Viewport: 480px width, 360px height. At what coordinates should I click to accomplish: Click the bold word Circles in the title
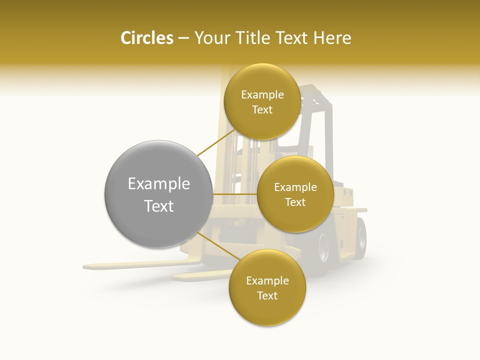coord(146,38)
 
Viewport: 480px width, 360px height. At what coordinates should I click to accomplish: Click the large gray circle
coord(158,194)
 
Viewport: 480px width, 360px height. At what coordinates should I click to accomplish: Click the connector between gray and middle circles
coord(234,194)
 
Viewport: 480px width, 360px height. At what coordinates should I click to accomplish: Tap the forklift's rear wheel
coord(323,248)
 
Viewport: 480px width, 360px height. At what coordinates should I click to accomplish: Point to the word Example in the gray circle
coord(158,184)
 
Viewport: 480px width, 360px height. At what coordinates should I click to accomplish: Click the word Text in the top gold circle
coord(262,110)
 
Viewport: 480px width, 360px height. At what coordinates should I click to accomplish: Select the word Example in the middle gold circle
coord(295,187)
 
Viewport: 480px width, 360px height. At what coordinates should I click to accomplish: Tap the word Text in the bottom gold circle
coord(267,296)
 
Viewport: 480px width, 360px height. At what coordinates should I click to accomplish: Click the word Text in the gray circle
coord(158,206)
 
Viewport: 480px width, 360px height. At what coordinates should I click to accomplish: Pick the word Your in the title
coord(210,38)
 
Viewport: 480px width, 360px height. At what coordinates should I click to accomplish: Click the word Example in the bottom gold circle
coord(267,281)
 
